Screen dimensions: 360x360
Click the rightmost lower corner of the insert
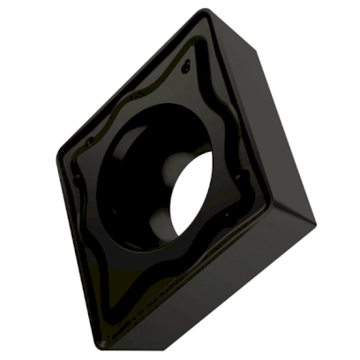click(314, 217)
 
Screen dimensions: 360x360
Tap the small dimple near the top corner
click(185, 66)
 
